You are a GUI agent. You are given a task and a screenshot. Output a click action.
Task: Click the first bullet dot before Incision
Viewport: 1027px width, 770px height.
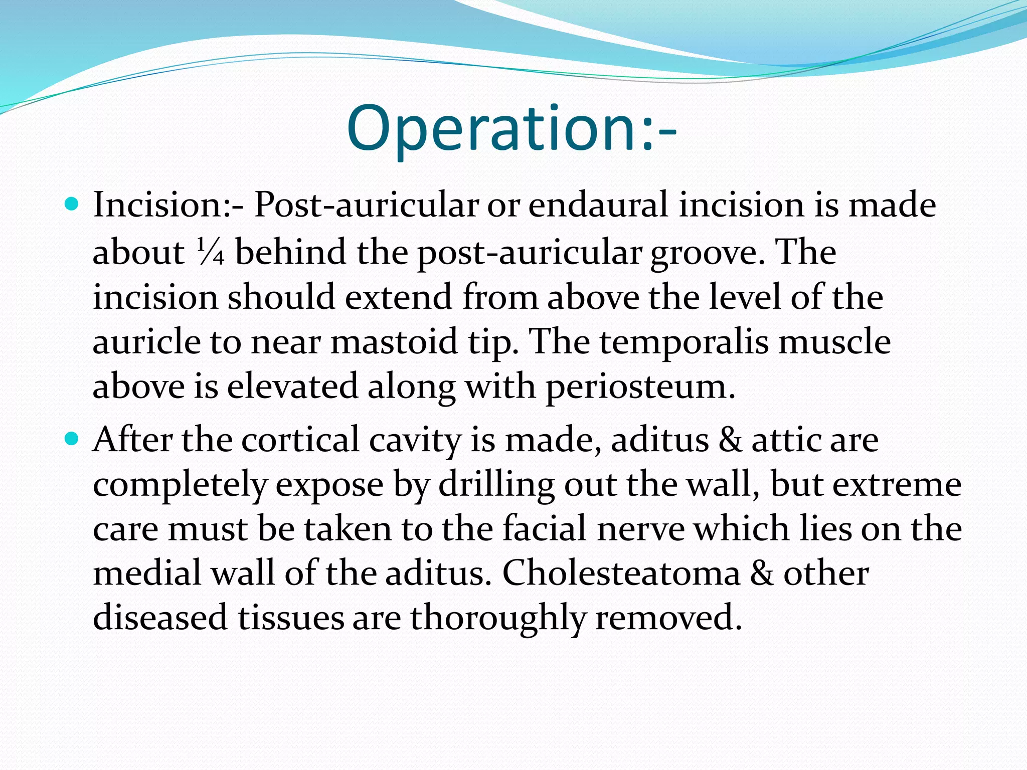click(73, 205)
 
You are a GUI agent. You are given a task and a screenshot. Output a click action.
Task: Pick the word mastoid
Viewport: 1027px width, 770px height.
click(394, 342)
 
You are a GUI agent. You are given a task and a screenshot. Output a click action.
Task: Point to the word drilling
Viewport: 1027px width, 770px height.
click(496, 485)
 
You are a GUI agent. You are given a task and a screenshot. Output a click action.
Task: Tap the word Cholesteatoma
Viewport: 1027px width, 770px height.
click(621, 573)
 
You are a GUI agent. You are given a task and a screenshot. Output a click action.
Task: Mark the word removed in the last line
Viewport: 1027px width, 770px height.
click(668, 618)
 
